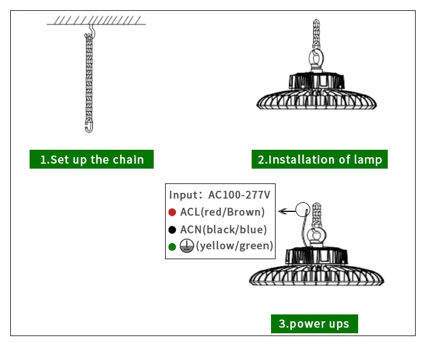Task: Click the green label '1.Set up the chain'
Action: tap(91, 159)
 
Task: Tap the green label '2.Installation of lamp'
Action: tap(319, 159)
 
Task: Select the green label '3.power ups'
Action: tap(314, 324)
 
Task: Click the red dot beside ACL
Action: tap(172, 212)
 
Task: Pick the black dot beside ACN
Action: tap(172, 230)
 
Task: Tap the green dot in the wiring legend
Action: tap(172, 247)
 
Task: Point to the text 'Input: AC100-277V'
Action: tap(219, 194)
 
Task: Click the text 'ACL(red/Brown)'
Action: tap(223, 212)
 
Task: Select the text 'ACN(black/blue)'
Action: tap(223, 230)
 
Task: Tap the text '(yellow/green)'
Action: tap(235, 246)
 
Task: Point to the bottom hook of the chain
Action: tap(89, 126)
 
